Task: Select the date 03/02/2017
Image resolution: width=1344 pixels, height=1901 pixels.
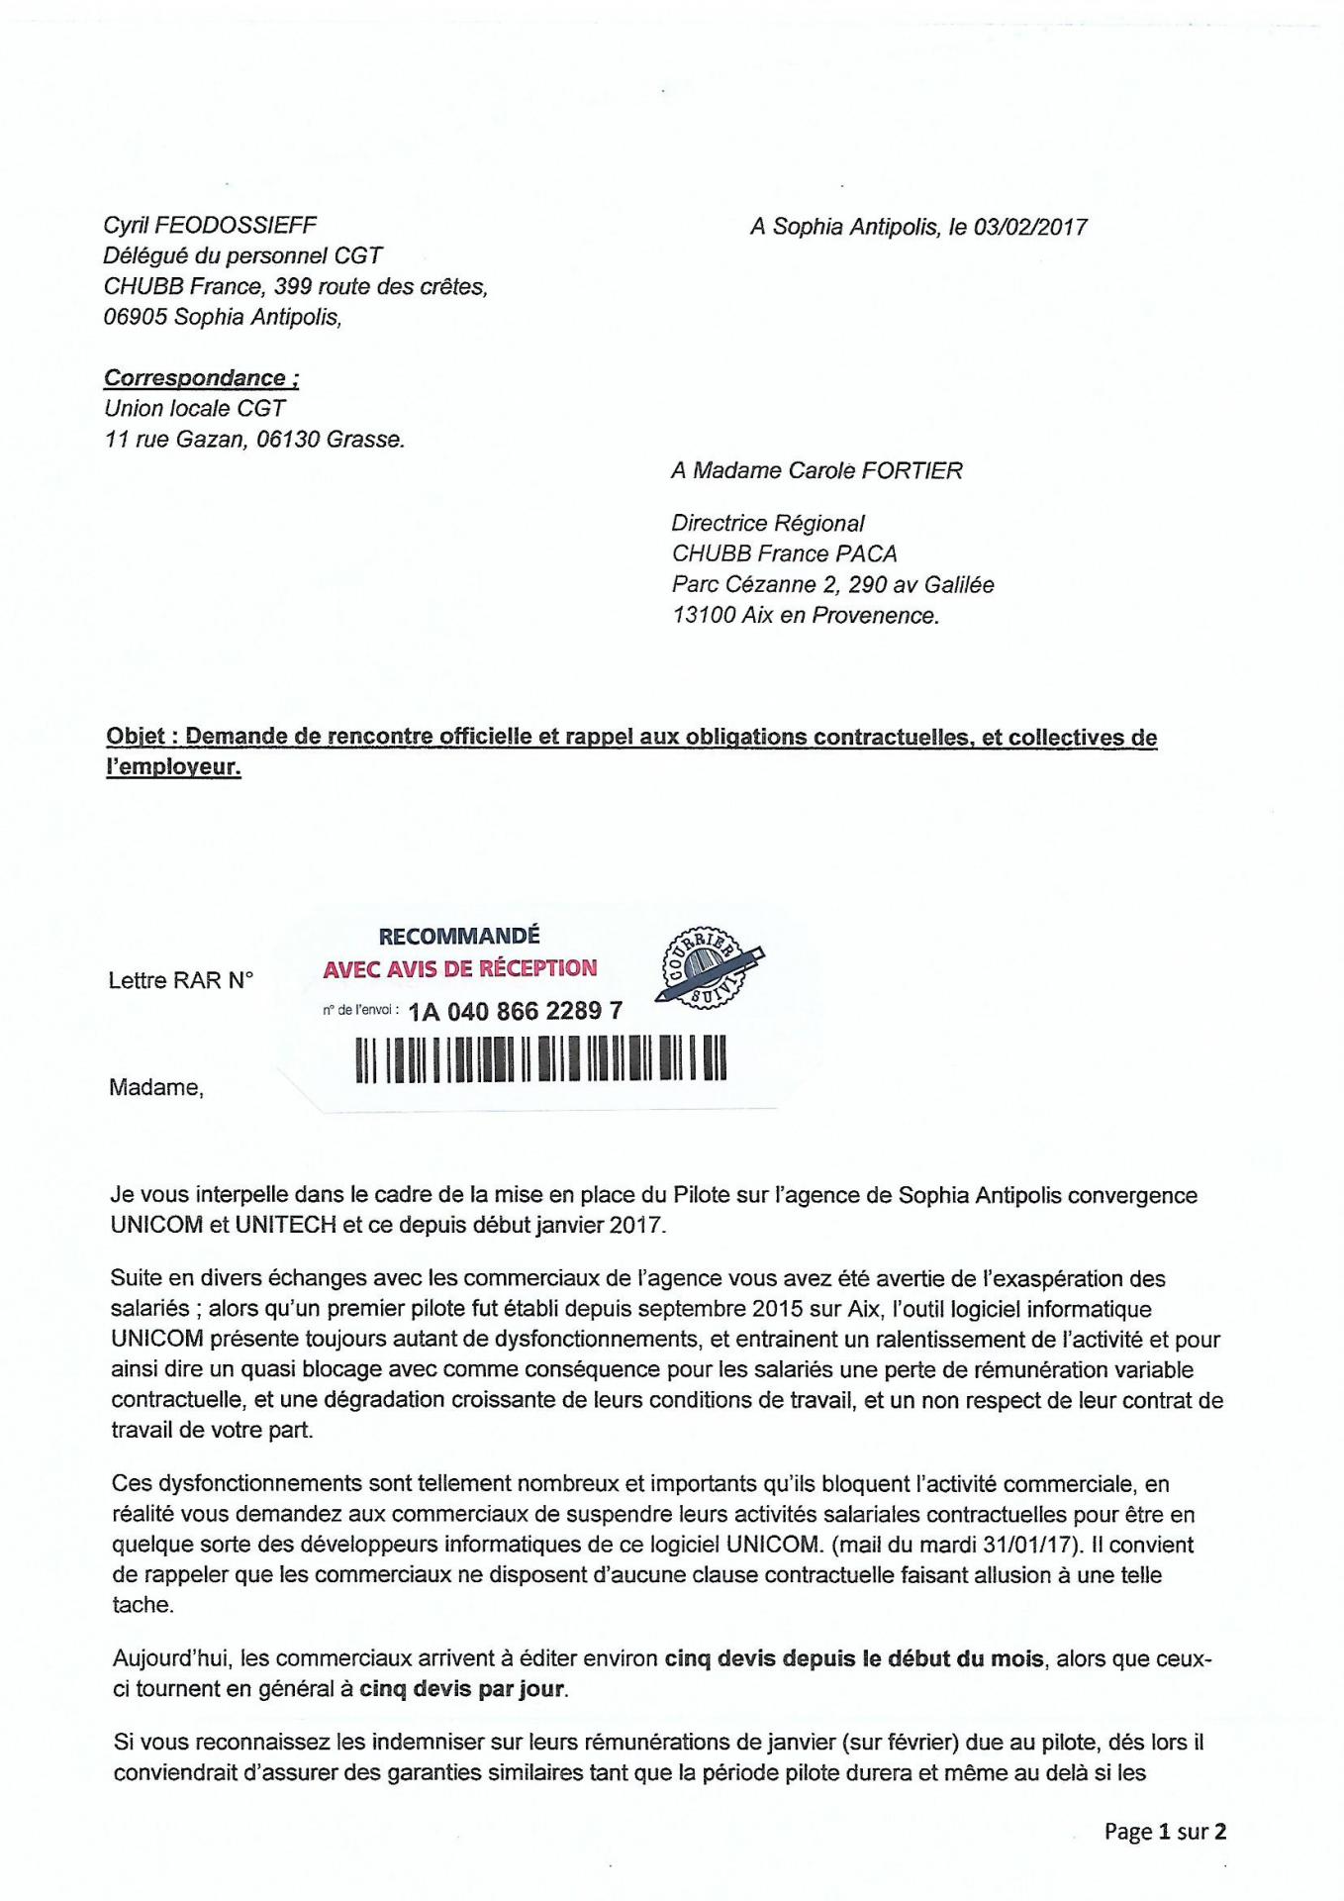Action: coord(1030,227)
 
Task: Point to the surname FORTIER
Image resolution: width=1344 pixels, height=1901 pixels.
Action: coord(912,470)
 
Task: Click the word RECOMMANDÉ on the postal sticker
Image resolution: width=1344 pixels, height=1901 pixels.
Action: coord(459,936)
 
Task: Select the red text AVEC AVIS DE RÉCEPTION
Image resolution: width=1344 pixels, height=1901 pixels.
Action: coord(460,968)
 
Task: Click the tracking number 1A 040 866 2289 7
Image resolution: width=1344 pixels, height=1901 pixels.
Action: coord(516,1011)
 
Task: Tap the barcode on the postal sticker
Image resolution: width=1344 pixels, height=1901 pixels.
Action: coord(541,1058)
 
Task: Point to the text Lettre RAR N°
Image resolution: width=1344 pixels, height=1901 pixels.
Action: coord(180,980)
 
